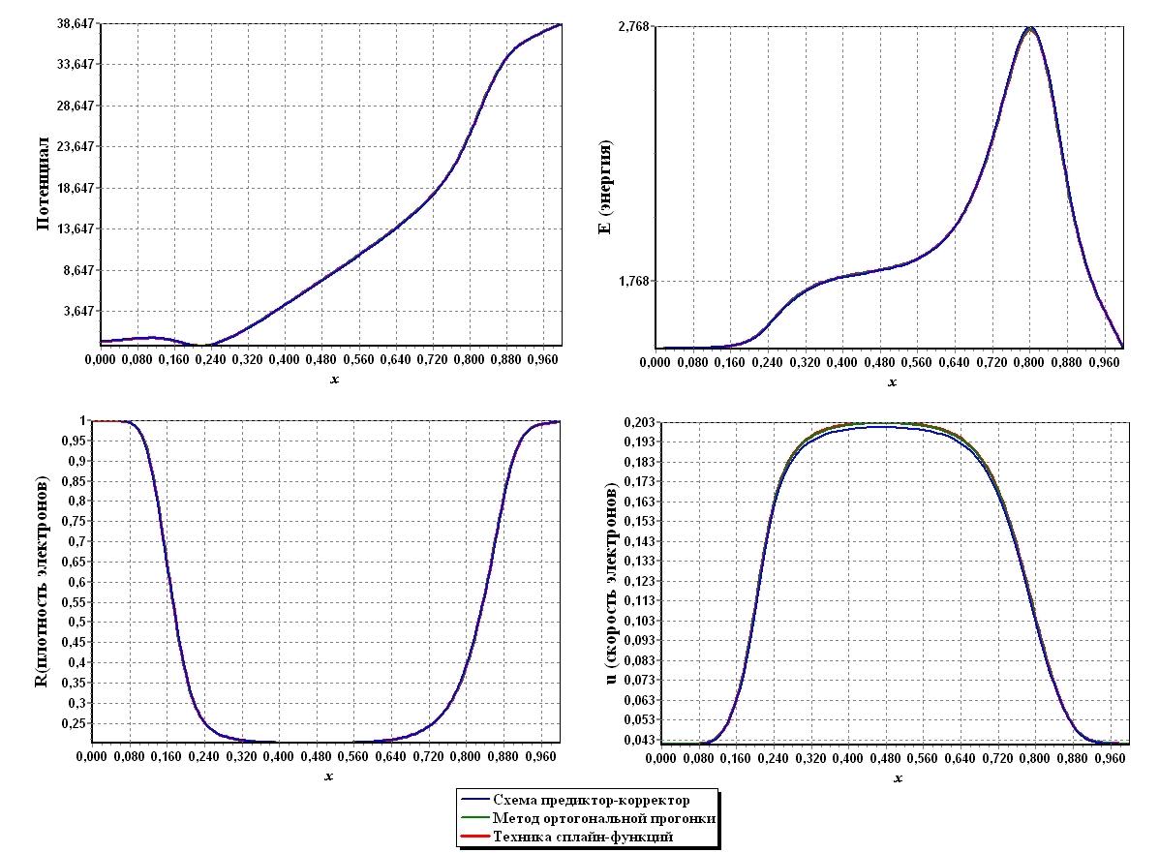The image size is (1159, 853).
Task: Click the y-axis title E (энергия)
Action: coord(605,187)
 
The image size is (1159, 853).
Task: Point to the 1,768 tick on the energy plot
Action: coord(636,282)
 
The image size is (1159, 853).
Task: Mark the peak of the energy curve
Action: coord(1029,28)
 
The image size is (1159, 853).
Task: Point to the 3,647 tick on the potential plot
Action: coord(76,311)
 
